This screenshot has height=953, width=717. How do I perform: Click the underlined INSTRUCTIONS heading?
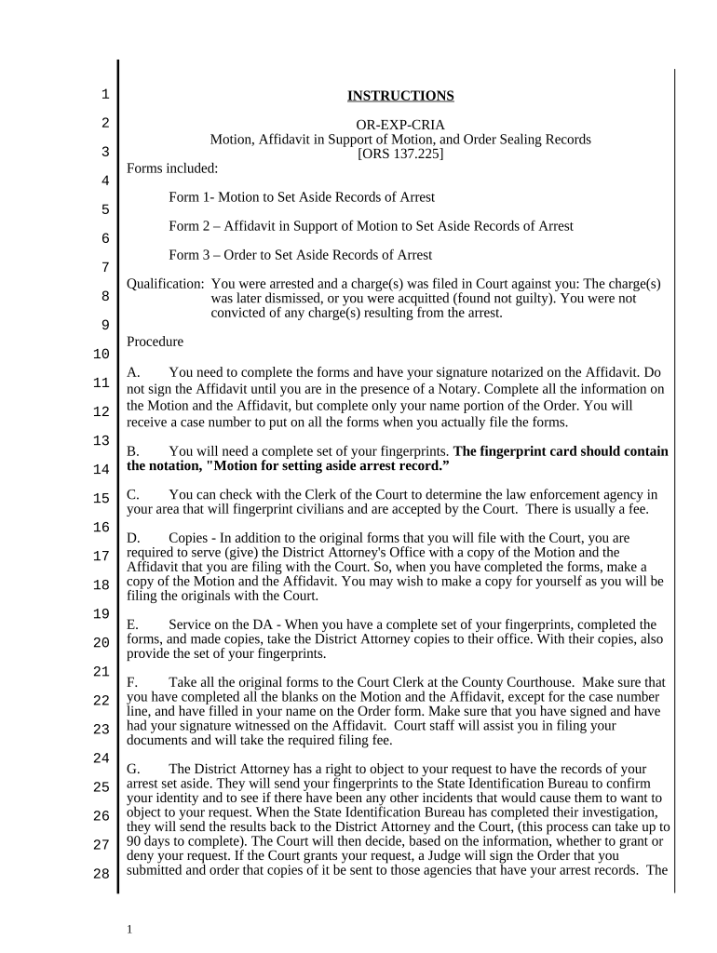pos(400,96)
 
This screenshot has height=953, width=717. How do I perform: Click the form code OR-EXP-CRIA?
pos(400,125)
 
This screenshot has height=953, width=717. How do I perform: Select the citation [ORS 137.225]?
pos(400,154)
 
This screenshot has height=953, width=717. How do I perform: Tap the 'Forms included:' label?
pos(172,168)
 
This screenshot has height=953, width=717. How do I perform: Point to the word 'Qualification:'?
pos(165,284)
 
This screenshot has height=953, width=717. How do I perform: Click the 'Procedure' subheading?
pos(155,342)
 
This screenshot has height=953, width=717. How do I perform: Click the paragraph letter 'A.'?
pos(133,372)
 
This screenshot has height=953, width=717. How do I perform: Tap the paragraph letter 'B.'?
pos(133,451)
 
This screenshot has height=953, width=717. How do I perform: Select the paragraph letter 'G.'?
pos(133,769)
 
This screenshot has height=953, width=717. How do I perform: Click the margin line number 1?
pos(104,94)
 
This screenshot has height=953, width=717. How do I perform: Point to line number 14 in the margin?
pos(101,470)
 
